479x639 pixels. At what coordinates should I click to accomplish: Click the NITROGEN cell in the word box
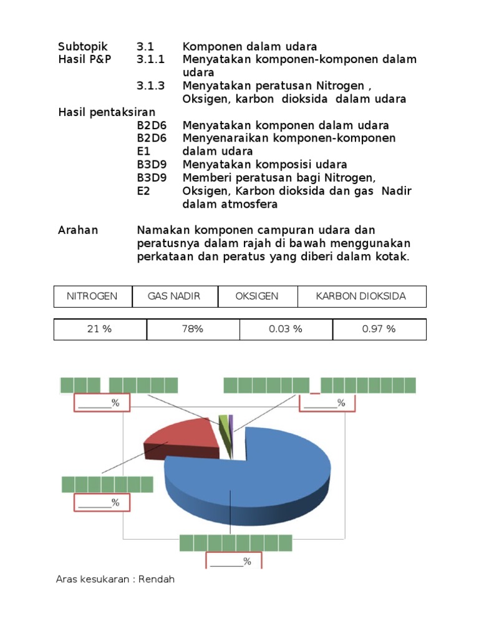point(92,296)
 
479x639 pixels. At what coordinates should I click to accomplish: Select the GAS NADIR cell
point(174,296)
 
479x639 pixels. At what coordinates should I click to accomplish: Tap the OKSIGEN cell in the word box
point(257,296)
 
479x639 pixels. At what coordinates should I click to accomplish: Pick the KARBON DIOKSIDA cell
point(361,296)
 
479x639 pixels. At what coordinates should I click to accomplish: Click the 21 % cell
point(100,329)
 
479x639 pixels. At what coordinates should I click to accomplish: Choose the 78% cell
point(193,329)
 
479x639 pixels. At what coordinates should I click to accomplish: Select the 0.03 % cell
point(286,329)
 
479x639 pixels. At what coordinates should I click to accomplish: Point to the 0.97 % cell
point(379,329)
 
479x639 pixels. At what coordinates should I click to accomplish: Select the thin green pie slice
point(223,421)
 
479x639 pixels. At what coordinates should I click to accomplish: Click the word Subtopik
point(83,47)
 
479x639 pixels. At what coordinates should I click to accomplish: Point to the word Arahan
point(78,230)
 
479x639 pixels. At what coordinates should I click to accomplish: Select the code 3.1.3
point(151,86)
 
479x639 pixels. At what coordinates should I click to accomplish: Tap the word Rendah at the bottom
point(157,580)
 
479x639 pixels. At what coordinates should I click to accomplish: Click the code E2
point(143,191)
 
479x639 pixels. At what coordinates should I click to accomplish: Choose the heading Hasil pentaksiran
point(107,112)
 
